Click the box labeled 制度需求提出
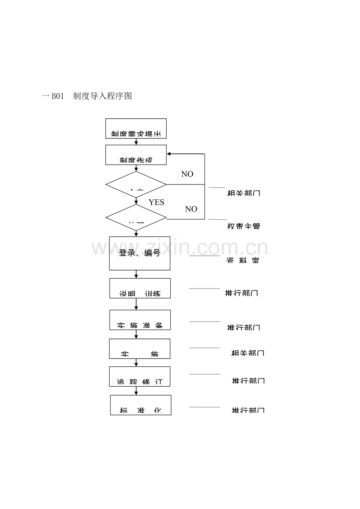pyautogui.click(x=136, y=129)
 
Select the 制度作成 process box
pyautogui.click(x=136, y=155)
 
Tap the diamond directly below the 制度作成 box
pyautogui.click(x=136, y=185)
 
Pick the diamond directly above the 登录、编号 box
pyautogui.click(x=136, y=217)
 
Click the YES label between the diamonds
pyautogui.click(x=156, y=202)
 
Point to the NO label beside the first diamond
pyautogui.click(x=187, y=174)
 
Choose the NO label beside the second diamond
pyautogui.click(x=191, y=209)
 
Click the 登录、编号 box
pyautogui.click(x=140, y=253)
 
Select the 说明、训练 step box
pyautogui.click(x=140, y=288)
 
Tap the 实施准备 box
pyautogui.click(x=140, y=320)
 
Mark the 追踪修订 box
pyautogui.click(x=140, y=376)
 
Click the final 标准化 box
pyautogui.click(x=140, y=405)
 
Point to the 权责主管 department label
pyautogui.click(x=243, y=226)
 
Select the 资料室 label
pyautogui.click(x=243, y=260)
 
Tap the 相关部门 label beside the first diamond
pyautogui.click(x=243, y=193)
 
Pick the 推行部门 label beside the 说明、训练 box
pyautogui.click(x=241, y=293)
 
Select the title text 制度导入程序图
pyautogui.click(x=103, y=96)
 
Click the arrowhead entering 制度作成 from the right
pyautogui.click(x=169, y=154)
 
